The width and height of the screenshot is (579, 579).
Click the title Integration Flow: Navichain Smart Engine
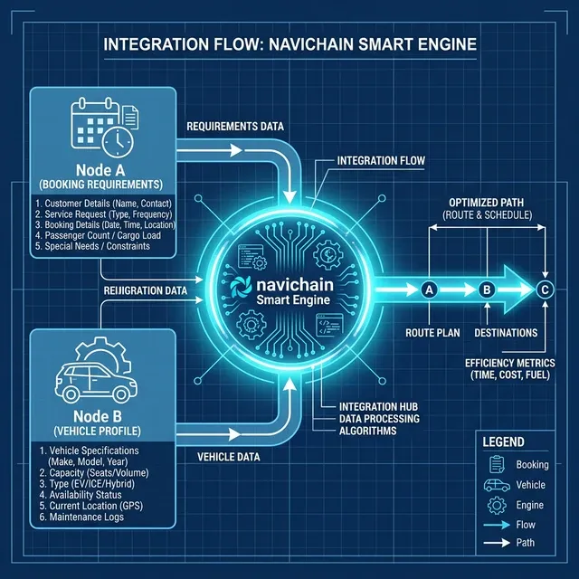[289, 44]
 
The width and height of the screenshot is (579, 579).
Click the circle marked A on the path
[429, 289]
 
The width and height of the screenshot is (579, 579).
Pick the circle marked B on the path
[487, 289]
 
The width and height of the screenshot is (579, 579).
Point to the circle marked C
[545, 289]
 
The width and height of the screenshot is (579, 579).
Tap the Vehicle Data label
[229, 457]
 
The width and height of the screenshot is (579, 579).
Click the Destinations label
[506, 333]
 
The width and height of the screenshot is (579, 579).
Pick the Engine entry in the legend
[529, 505]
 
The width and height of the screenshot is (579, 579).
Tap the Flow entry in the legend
[525, 525]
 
